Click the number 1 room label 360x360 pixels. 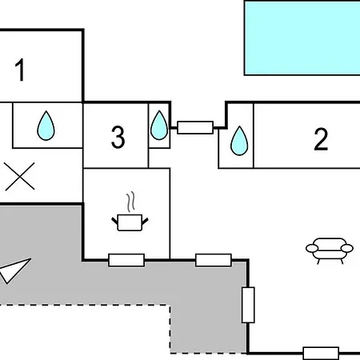20,70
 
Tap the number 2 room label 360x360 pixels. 321,139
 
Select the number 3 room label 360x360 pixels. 118,137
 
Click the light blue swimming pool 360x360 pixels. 302,38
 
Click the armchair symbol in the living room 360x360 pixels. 330,250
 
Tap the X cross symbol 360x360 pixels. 20,176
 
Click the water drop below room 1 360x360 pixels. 46,126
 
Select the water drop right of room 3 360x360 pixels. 159,126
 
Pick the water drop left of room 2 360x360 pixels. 239,141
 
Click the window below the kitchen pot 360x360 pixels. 126,260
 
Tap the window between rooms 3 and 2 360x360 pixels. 195,127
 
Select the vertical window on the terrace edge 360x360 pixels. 248,305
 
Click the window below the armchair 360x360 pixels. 321,354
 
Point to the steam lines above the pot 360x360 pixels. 130,202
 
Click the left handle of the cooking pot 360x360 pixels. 115,221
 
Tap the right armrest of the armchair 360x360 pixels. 347,248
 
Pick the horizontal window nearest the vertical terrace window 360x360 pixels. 214,260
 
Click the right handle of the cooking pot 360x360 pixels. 145,221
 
